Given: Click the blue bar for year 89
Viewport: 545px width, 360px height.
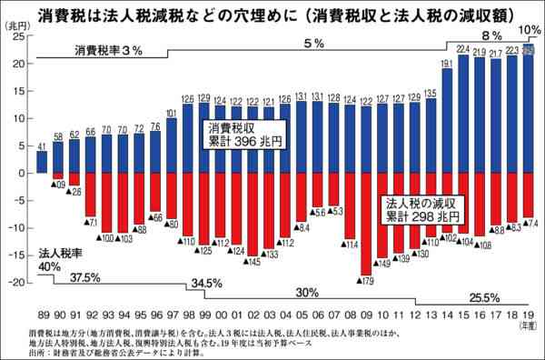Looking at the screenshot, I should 42,161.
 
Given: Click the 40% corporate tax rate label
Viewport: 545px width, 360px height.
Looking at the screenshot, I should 49,266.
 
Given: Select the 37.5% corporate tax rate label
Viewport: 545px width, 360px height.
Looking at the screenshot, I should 85,277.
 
